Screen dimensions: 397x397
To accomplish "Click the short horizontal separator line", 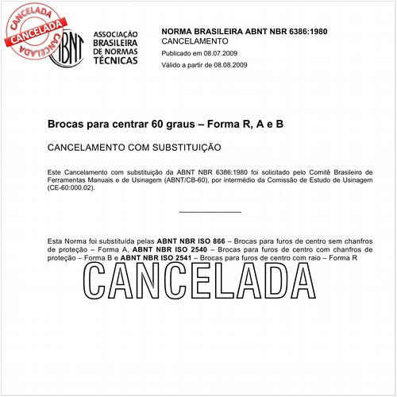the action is [210, 212].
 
